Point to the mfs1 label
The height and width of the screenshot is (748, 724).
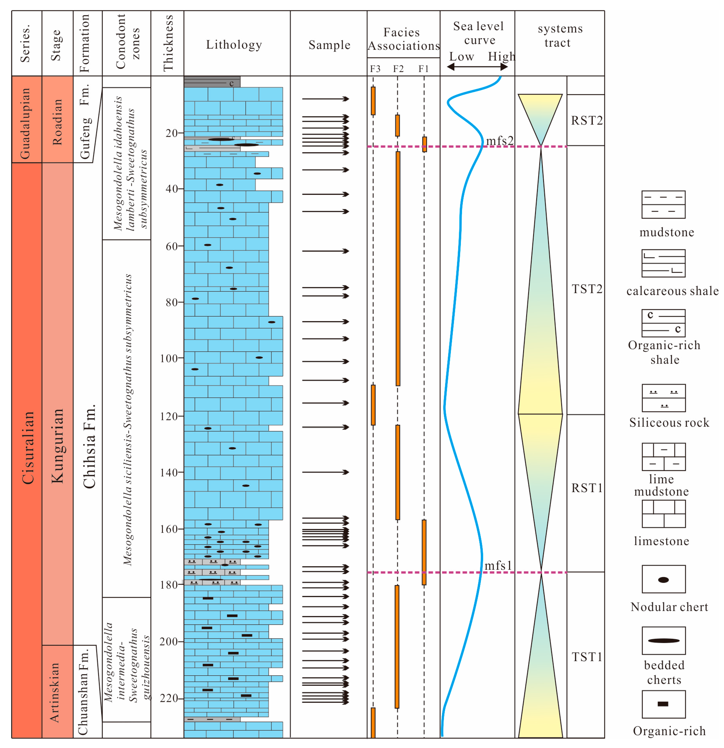pyautogui.click(x=498, y=566)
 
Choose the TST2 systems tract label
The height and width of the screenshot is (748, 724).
pyautogui.click(x=587, y=289)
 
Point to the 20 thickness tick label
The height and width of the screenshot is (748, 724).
pyautogui.click(x=172, y=133)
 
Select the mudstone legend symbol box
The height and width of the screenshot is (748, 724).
pyautogui.click(x=663, y=205)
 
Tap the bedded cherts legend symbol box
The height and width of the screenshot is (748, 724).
pyautogui.click(x=663, y=640)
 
